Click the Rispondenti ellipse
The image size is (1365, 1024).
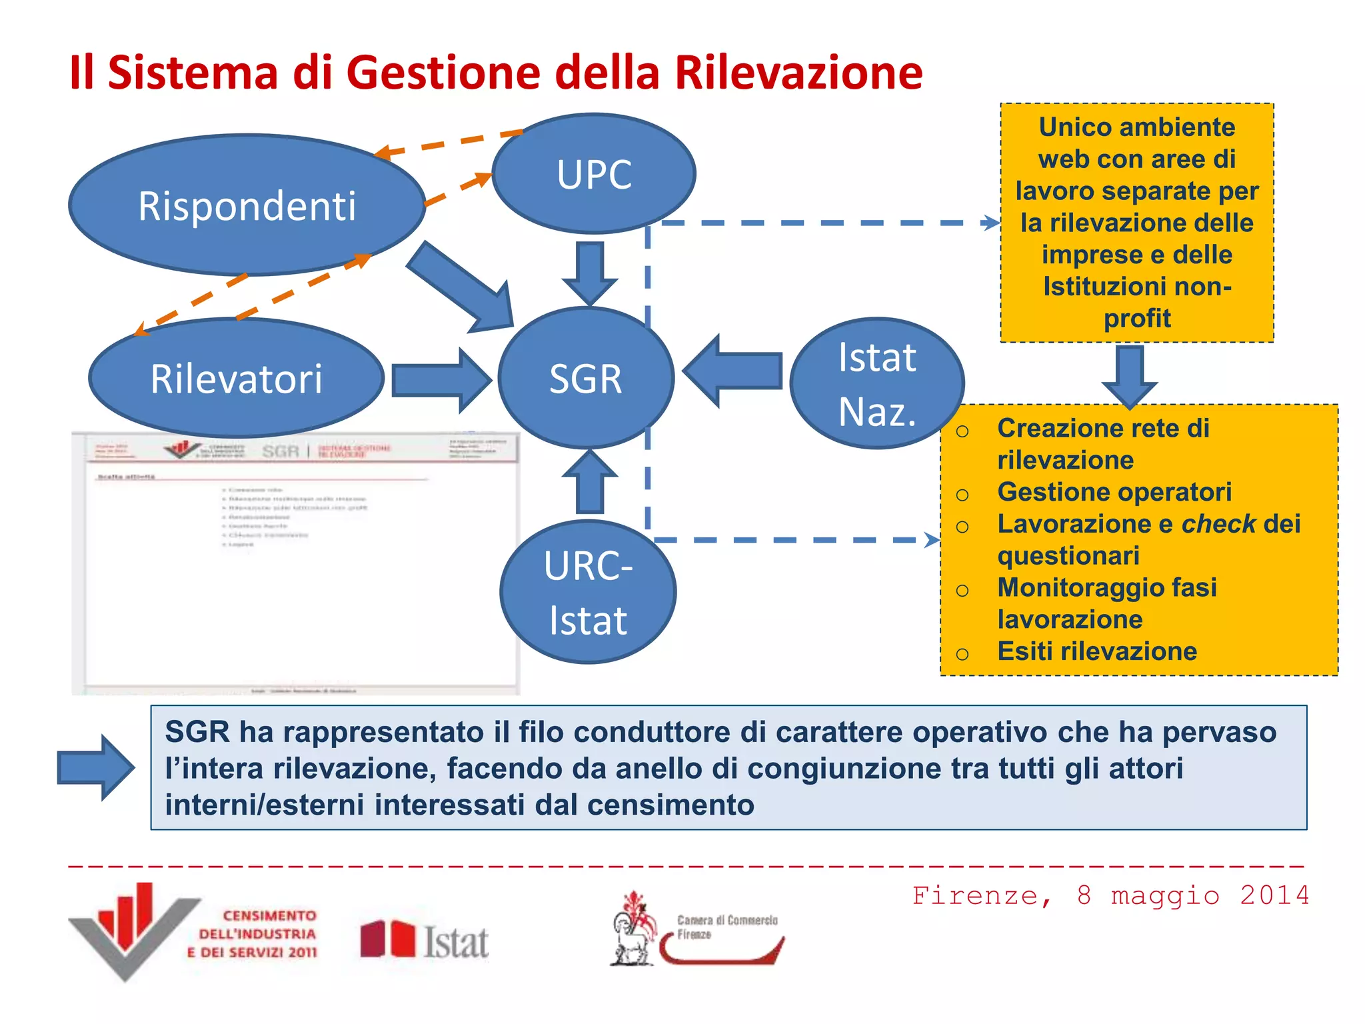pos(247,205)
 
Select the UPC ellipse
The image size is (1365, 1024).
pos(594,174)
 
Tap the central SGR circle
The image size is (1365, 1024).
pos(585,378)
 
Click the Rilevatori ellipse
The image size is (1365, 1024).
pos(236,378)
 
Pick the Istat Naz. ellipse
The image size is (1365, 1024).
pos(877,384)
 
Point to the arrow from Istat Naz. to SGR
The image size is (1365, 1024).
pos(733,371)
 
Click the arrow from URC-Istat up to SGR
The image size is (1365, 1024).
pos(590,483)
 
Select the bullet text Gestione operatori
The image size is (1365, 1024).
pos(1114,492)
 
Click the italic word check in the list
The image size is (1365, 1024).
pos(1218,524)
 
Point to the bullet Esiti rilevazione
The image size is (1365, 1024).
pos(1096,651)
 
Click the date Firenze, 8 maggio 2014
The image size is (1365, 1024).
pos(1110,895)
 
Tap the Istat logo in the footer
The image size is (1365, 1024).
pos(425,940)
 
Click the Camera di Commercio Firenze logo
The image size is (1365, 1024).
pos(696,930)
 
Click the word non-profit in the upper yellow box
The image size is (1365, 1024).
pos(1137,303)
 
